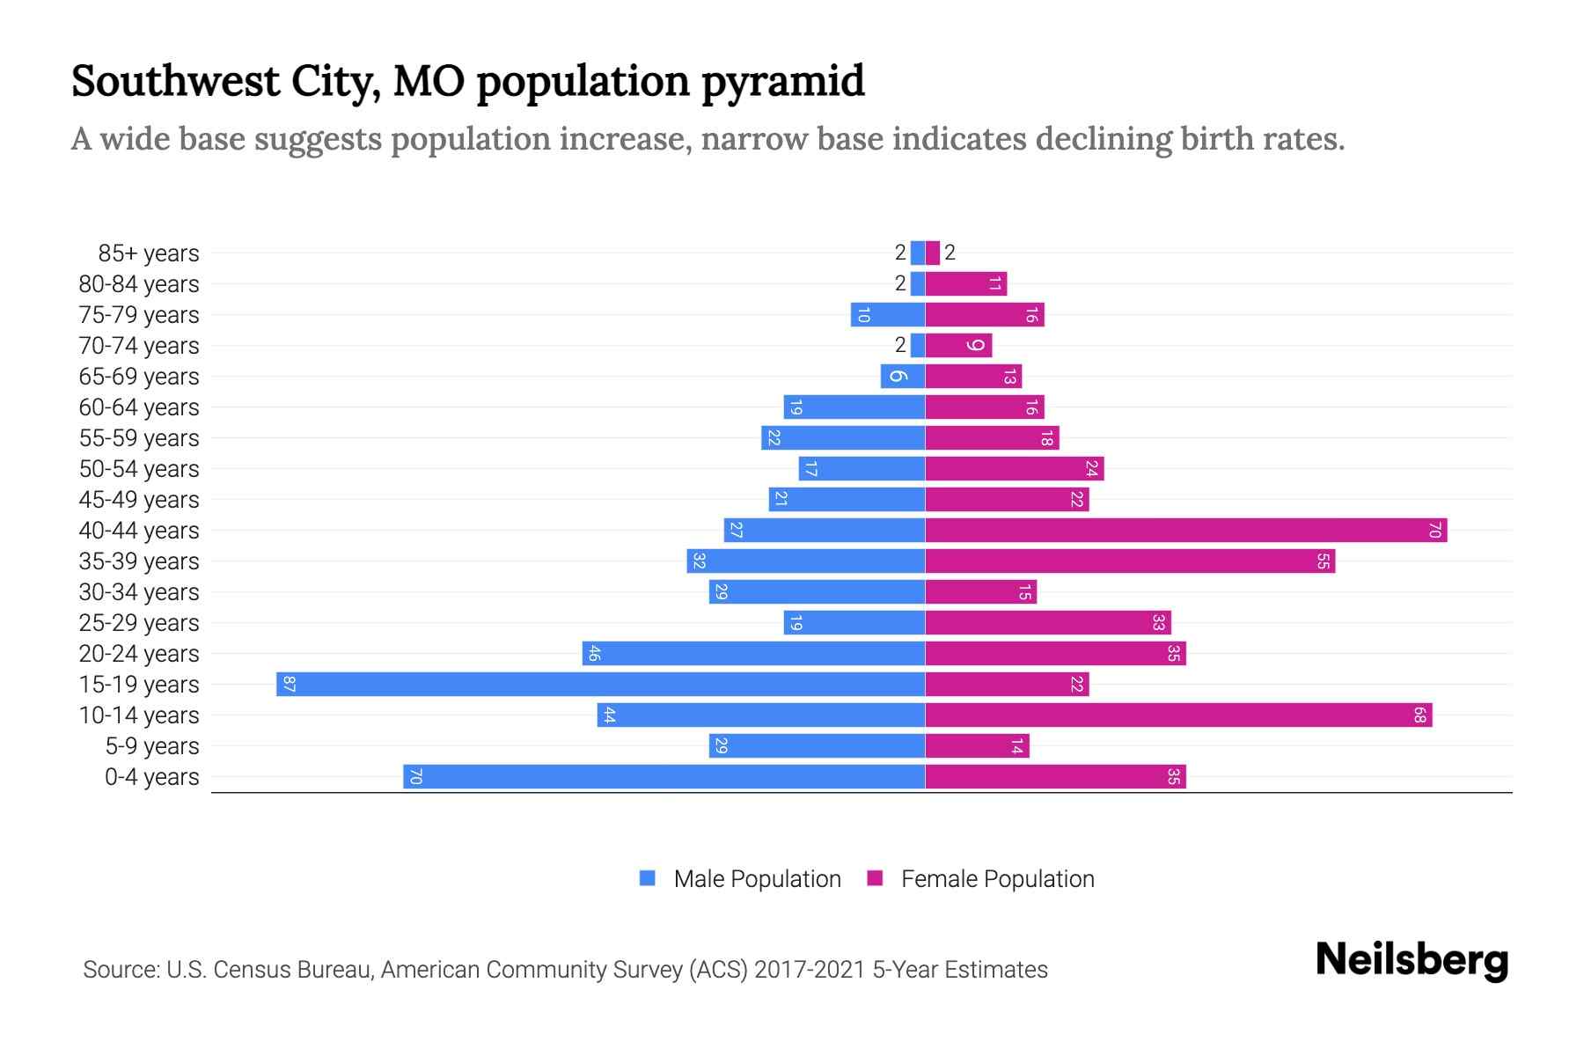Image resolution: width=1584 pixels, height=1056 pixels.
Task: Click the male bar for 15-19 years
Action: pos(600,684)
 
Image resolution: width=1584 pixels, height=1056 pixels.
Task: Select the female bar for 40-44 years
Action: pos(1185,530)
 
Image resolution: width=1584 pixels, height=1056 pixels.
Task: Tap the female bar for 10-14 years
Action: pos(1178,715)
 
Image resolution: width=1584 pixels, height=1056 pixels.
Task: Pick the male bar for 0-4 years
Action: pos(664,776)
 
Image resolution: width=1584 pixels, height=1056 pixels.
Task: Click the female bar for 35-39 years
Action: pos(1130,561)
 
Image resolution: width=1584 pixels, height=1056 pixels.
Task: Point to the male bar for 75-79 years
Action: pos(887,314)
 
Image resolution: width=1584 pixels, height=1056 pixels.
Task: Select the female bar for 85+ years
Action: pos(933,253)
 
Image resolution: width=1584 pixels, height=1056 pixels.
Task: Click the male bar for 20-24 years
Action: pos(753,653)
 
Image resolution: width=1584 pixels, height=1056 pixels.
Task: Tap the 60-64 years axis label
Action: pos(139,407)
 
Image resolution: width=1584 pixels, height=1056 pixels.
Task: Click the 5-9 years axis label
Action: pos(152,746)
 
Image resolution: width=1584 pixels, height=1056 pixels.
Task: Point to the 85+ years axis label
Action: pos(149,253)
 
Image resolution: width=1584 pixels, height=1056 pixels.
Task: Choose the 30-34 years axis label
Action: pos(139,592)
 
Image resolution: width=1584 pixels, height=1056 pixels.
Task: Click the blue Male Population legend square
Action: pos(648,878)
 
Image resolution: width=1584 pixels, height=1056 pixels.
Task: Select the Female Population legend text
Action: pos(997,878)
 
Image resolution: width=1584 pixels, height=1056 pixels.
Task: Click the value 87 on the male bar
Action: pos(289,684)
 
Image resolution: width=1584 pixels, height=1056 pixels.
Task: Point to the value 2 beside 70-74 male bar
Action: pos(899,345)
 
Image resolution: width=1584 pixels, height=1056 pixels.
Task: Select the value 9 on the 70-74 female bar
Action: pos(975,345)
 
